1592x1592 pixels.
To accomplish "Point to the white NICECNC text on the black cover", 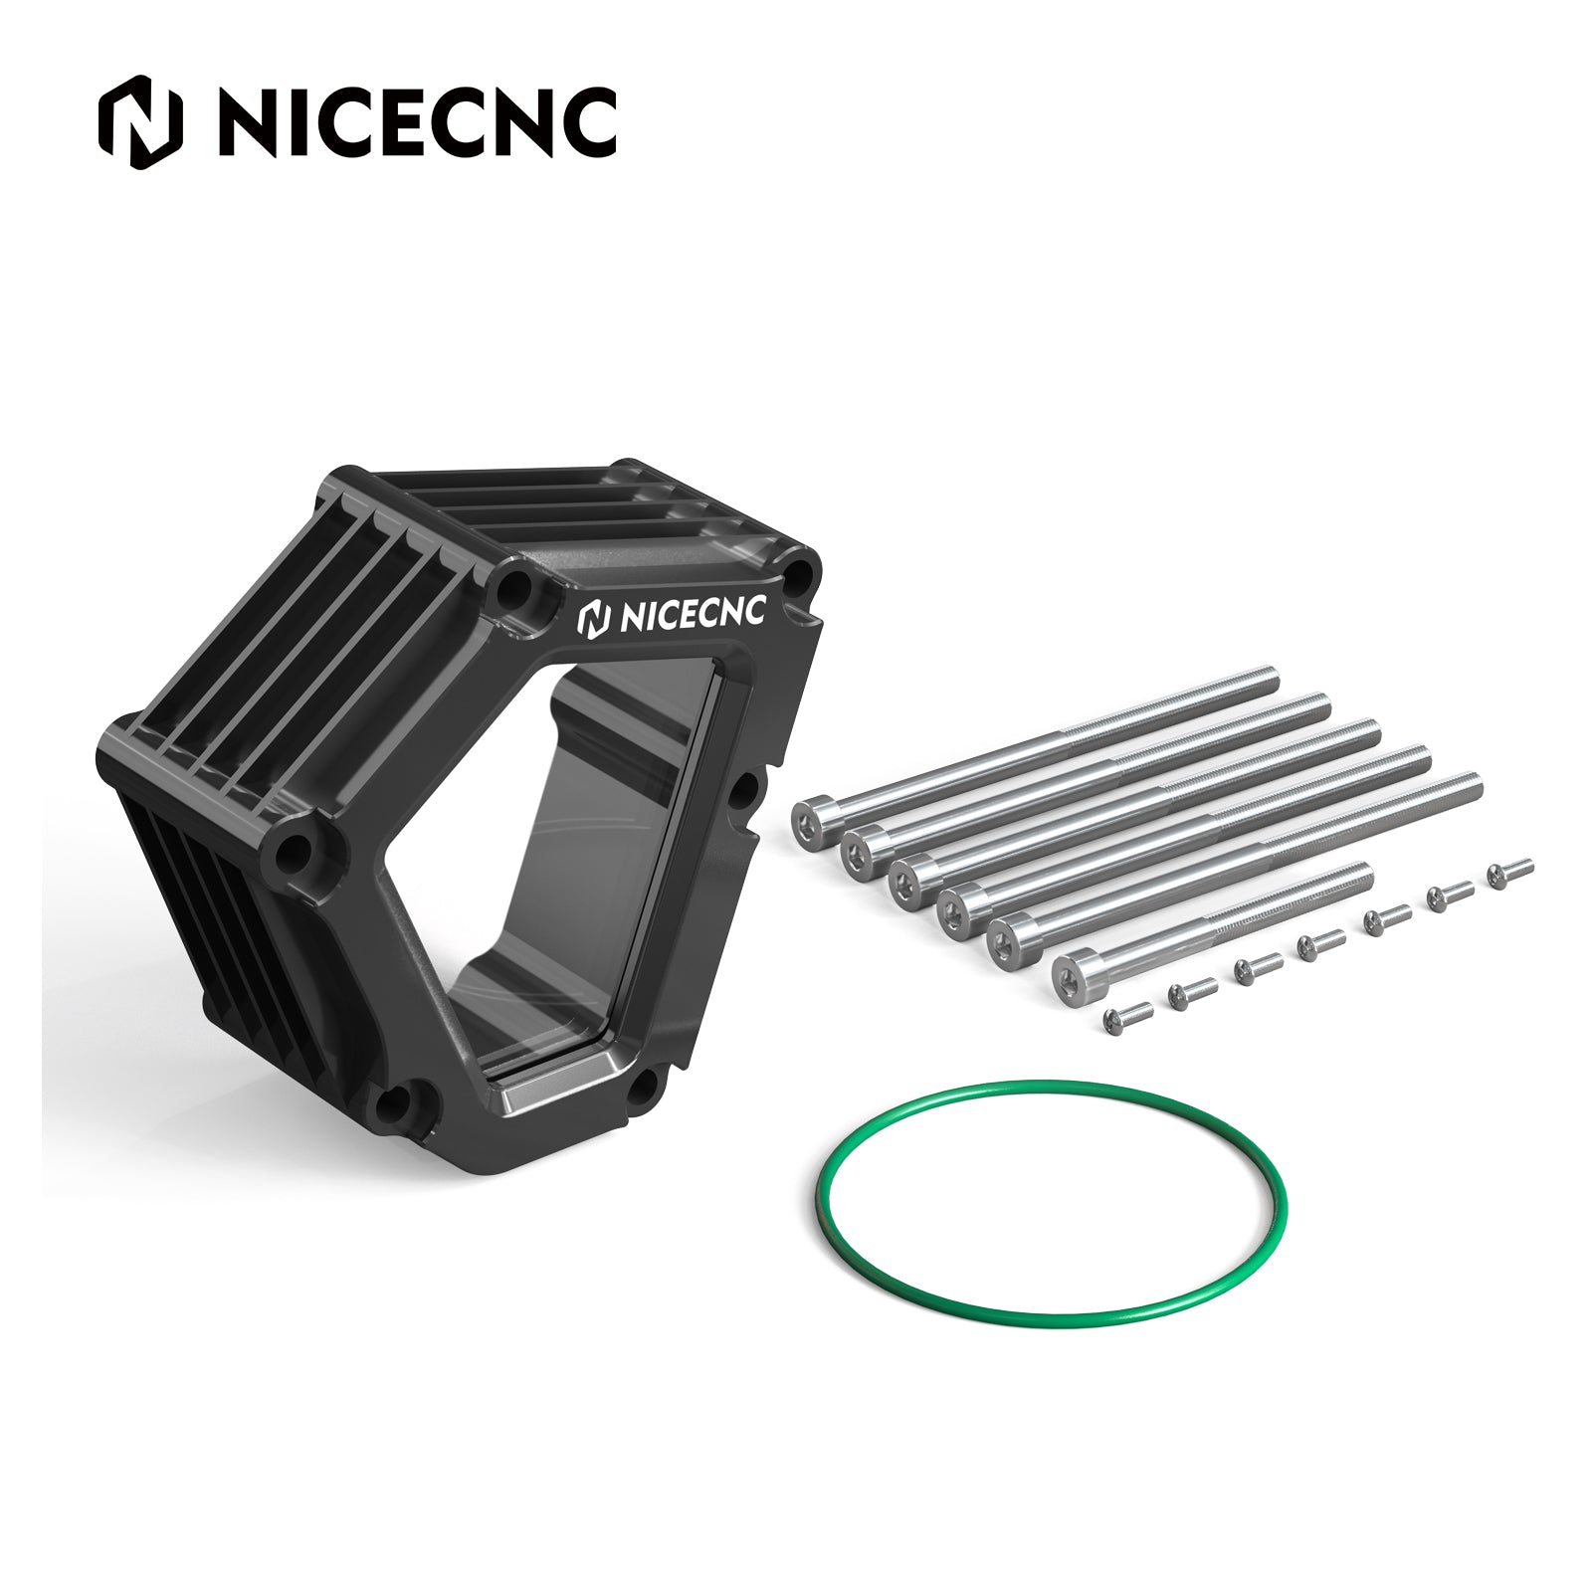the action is [693, 614].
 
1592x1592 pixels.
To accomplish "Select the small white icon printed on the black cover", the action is [594, 618].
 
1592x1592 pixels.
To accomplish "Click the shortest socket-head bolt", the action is [1212, 924].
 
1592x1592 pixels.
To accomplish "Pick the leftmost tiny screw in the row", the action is [1127, 1016].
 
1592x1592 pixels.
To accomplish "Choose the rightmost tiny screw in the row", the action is [1511, 872].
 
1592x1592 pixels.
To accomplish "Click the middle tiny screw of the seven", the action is [1320, 944].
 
